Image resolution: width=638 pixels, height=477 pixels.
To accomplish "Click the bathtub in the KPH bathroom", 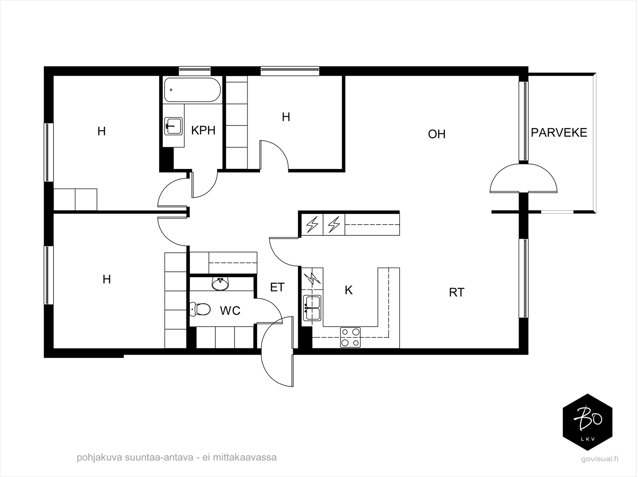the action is click(192, 90).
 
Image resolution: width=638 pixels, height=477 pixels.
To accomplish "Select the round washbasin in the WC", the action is click(220, 284).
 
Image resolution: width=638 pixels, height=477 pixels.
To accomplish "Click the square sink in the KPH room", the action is click(173, 126).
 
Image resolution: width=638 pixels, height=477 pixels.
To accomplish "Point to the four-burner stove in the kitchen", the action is click(350, 337).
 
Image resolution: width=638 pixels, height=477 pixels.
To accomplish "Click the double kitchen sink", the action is click(312, 308).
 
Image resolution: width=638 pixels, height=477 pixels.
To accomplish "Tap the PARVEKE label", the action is click(559, 133).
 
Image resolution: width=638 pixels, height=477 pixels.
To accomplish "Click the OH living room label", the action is click(437, 134).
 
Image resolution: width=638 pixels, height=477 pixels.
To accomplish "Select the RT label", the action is click(457, 293).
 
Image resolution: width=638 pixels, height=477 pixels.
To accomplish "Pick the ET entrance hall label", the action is click(277, 287).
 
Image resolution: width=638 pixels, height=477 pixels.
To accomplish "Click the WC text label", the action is click(230, 311).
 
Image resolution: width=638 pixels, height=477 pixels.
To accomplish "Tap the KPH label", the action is click(203, 131).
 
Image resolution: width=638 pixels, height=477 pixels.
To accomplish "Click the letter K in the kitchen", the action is click(349, 290).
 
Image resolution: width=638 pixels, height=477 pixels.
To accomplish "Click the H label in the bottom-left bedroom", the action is click(107, 280).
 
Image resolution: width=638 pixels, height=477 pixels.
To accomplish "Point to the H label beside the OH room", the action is click(286, 117).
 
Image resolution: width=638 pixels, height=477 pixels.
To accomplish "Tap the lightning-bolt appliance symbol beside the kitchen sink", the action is click(312, 279).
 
